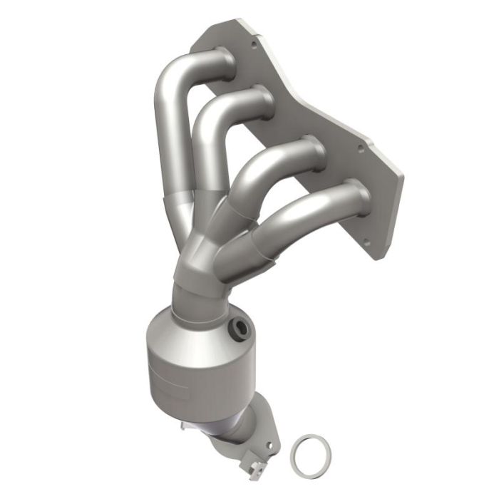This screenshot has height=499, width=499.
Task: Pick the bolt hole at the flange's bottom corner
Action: tap(367, 242)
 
